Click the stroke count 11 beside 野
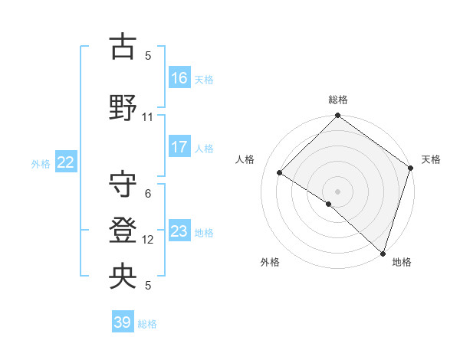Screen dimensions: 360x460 (x=148, y=117)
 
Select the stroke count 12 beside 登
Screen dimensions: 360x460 (x=148, y=240)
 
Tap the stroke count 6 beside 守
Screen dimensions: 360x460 (x=148, y=194)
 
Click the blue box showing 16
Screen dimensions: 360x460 (x=179, y=78)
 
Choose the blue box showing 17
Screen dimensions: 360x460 (x=179, y=146)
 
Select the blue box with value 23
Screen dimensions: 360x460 (x=179, y=231)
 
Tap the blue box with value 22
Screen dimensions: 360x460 (x=66, y=162)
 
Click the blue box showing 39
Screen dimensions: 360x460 (x=123, y=322)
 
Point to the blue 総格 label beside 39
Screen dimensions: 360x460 (x=148, y=324)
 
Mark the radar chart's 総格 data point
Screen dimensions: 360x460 (x=337, y=116)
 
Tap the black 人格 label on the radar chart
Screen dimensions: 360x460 (x=245, y=159)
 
